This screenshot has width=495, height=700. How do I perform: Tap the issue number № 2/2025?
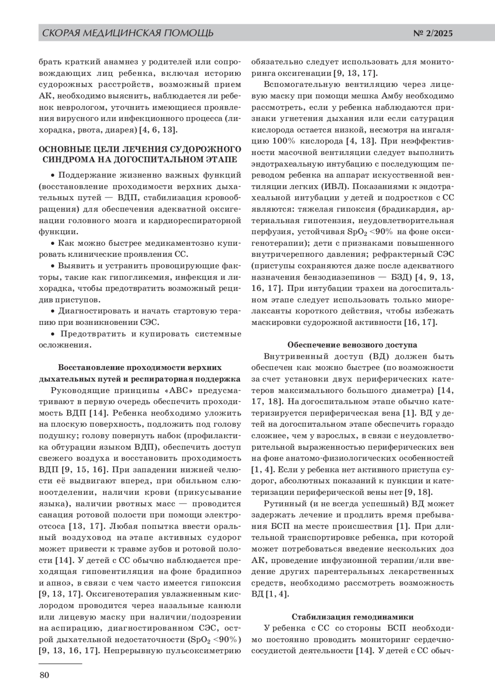click(433, 33)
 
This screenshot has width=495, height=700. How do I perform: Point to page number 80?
click(44, 675)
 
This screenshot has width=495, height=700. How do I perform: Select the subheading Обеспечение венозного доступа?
click(352, 345)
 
